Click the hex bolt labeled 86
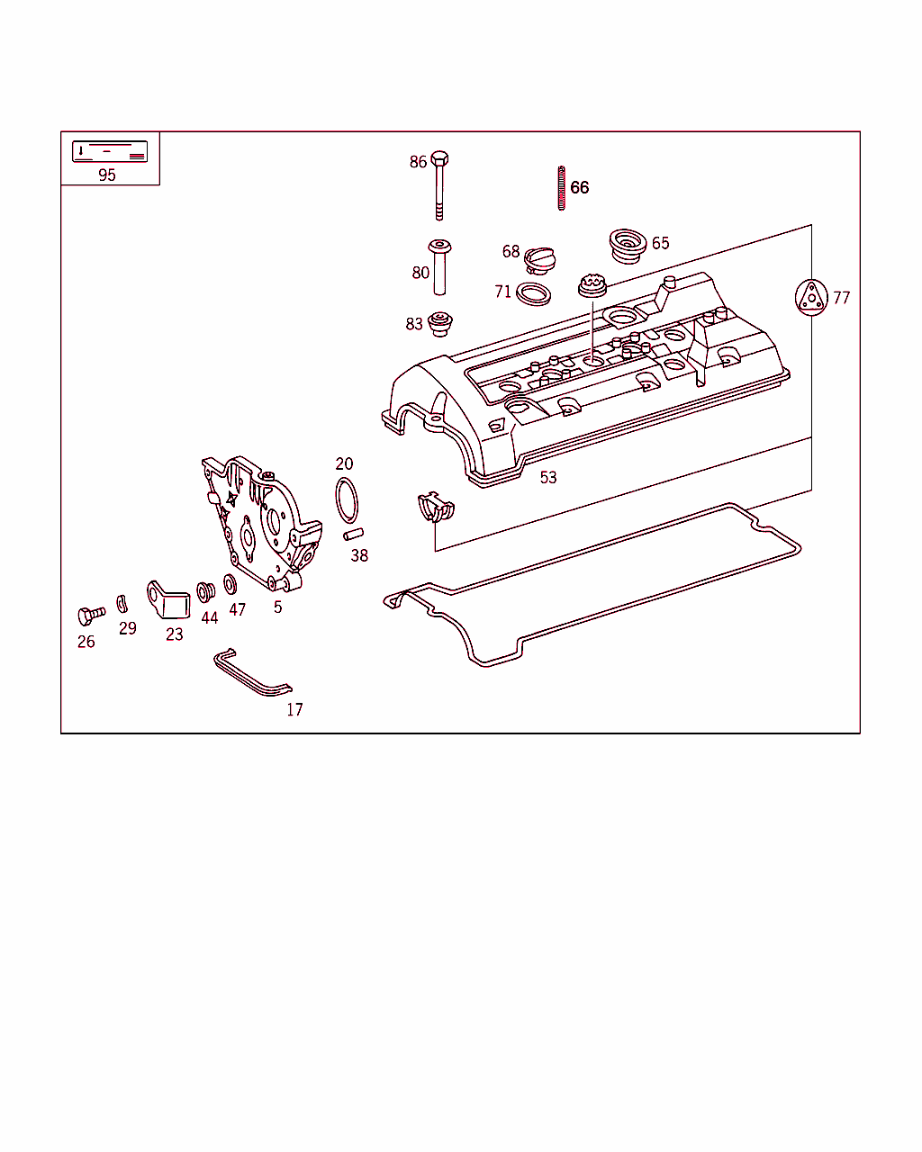click(x=439, y=184)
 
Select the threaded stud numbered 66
click(x=561, y=188)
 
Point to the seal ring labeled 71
click(x=535, y=292)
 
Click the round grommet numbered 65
click(x=627, y=245)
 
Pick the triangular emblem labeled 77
click(x=811, y=297)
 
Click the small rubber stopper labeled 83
click(x=439, y=323)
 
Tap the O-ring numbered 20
click(x=347, y=500)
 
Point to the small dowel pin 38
click(x=353, y=535)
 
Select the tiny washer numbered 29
click(x=122, y=603)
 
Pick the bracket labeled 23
click(x=168, y=600)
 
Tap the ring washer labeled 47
click(x=230, y=585)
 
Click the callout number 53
click(x=548, y=478)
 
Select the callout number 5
click(x=277, y=607)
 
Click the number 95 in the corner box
click(x=107, y=175)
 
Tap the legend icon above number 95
click(x=110, y=151)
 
